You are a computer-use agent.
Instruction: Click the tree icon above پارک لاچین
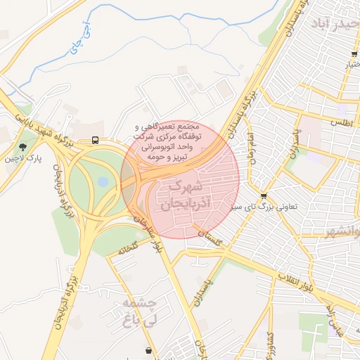coord(24,147)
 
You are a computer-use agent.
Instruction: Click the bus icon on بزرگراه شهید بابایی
coord(95,140)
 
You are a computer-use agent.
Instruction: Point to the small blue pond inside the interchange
coord(103,181)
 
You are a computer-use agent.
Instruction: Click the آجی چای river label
coord(79,41)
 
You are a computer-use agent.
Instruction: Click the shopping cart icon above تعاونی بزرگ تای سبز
coord(264,196)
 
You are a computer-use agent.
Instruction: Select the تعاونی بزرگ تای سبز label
coord(266,208)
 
